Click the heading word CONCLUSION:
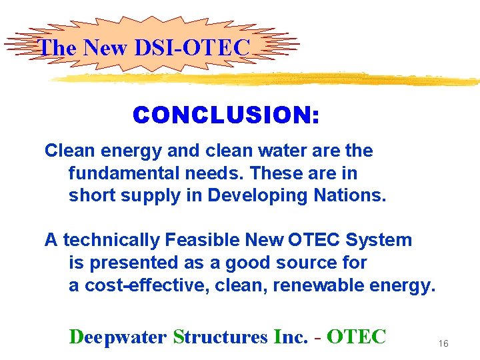pyautogui.click(x=226, y=116)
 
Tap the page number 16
pyautogui.click(x=443, y=343)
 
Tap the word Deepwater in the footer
pyautogui.click(x=117, y=337)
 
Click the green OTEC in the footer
pyautogui.click(x=357, y=337)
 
